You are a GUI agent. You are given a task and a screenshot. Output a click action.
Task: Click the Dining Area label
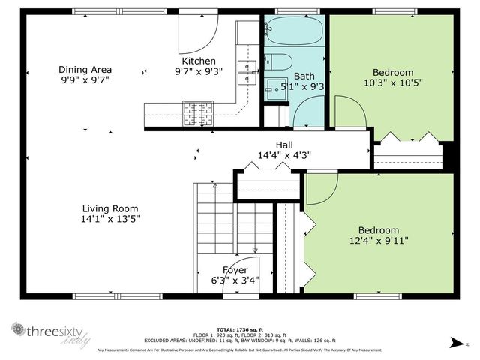[x=85, y=70]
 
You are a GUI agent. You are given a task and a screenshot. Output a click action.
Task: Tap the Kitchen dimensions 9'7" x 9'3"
[x=199, y=73]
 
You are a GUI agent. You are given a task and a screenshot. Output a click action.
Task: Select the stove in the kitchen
[x=196, y=112]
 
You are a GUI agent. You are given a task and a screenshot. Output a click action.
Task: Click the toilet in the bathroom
[x=278, y=61]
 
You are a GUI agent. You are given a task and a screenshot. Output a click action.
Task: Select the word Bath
[x=304, y=76]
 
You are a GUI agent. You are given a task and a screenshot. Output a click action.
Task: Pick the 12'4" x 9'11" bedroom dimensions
[x=378, y=241]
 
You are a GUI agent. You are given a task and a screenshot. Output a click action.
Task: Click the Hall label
[x=284, y=145]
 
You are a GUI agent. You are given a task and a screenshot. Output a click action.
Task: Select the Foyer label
[x=235, y=270]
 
